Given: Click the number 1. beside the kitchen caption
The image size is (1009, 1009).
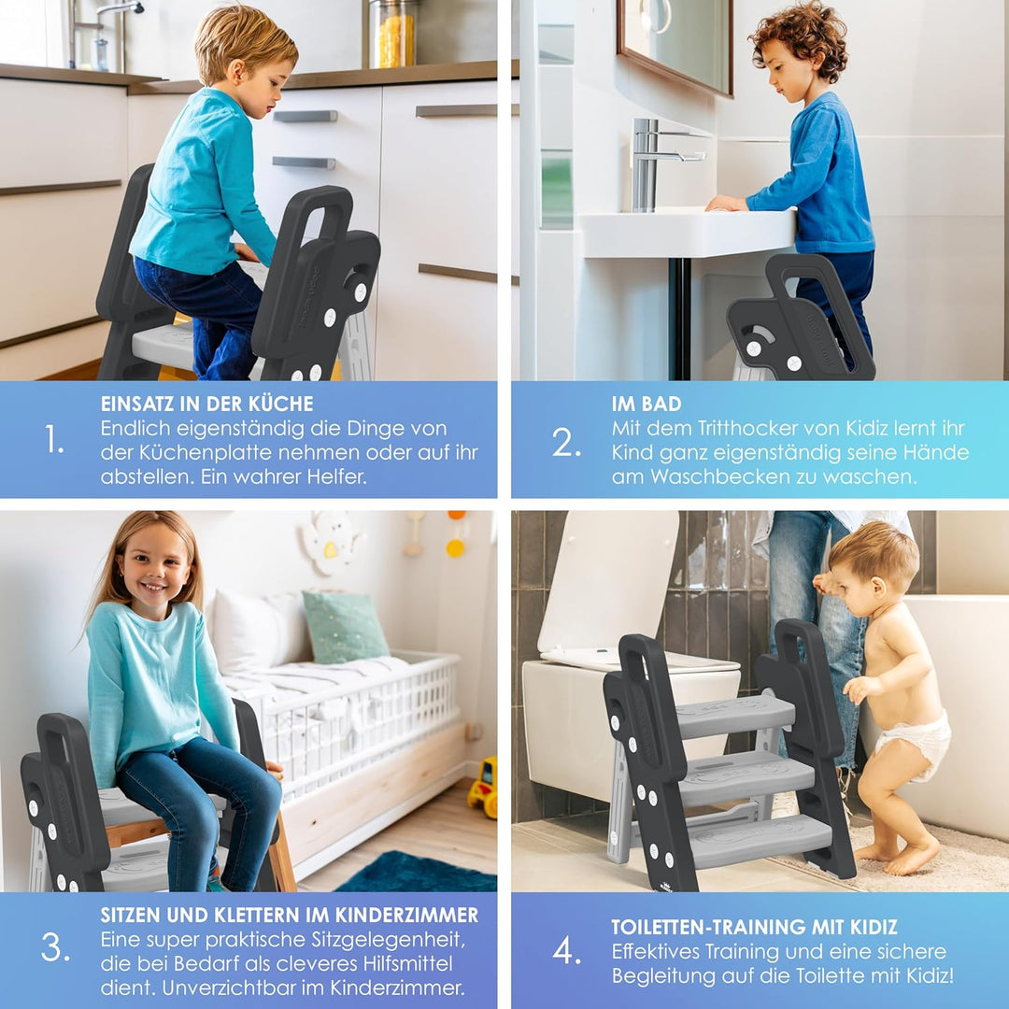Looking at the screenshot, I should (54, 439).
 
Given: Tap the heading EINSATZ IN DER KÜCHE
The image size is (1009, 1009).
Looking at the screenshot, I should (206, 405).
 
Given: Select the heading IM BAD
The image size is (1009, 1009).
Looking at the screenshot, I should (647, 405).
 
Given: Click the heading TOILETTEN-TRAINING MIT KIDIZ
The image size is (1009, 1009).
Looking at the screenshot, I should (754, 927).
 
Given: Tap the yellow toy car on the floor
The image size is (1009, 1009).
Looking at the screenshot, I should (483, 787).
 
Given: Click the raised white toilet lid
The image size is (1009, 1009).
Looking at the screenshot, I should (608, 579).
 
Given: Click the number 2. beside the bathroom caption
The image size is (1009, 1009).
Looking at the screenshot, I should (566, 441).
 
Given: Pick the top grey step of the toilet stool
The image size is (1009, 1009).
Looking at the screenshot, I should (736, 714).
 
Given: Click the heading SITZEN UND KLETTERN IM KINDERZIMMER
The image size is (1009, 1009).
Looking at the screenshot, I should (289, 915).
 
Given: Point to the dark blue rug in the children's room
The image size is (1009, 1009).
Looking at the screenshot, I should (417, 873).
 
